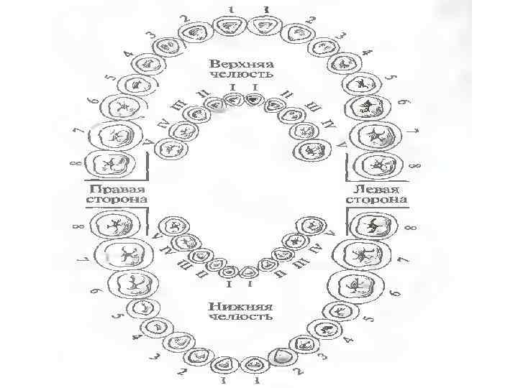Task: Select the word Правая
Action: click(117, 186)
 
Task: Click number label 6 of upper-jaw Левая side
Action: click(403, 103)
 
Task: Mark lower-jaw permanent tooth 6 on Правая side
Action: click(132, 282)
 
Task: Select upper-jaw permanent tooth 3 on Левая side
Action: click(322, 49)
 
